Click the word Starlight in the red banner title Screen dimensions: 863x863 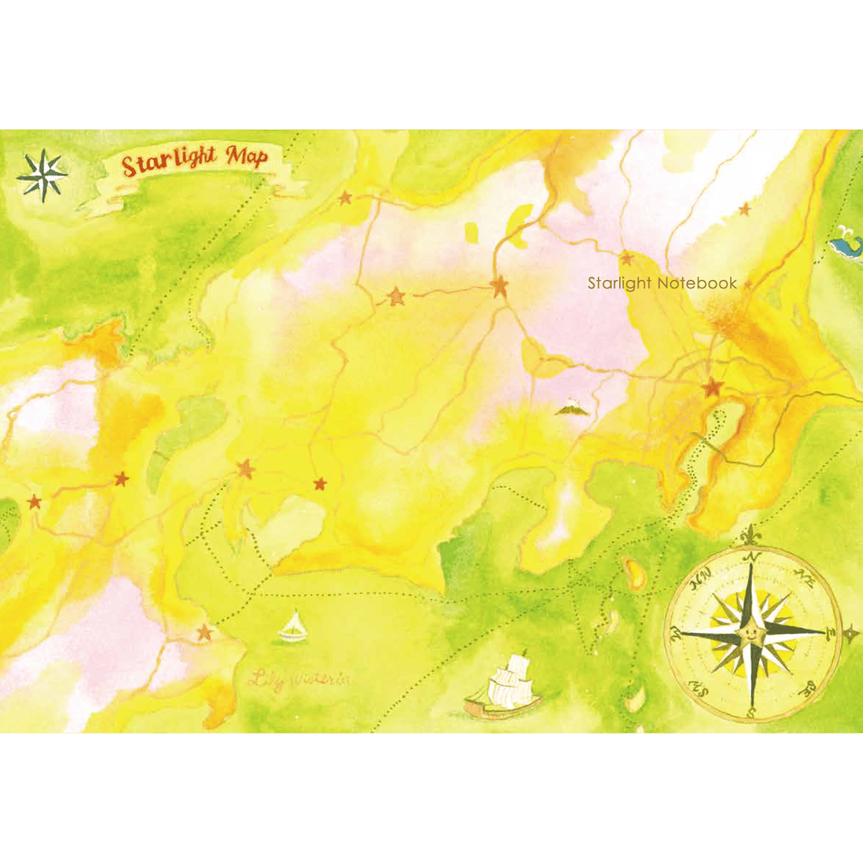click(169, 161)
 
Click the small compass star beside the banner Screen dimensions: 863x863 click(42, 175)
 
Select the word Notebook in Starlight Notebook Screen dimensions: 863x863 click(696, 283)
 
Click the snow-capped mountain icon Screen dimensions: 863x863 click(572, 408)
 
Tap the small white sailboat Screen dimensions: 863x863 click(293, 628)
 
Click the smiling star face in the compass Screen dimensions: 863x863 click(750, 634)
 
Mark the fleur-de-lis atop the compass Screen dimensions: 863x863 click(752, 536)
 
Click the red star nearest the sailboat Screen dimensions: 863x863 click(205, 633)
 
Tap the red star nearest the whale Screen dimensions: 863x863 click(745, 209)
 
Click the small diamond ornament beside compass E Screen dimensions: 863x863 click(851, 633)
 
